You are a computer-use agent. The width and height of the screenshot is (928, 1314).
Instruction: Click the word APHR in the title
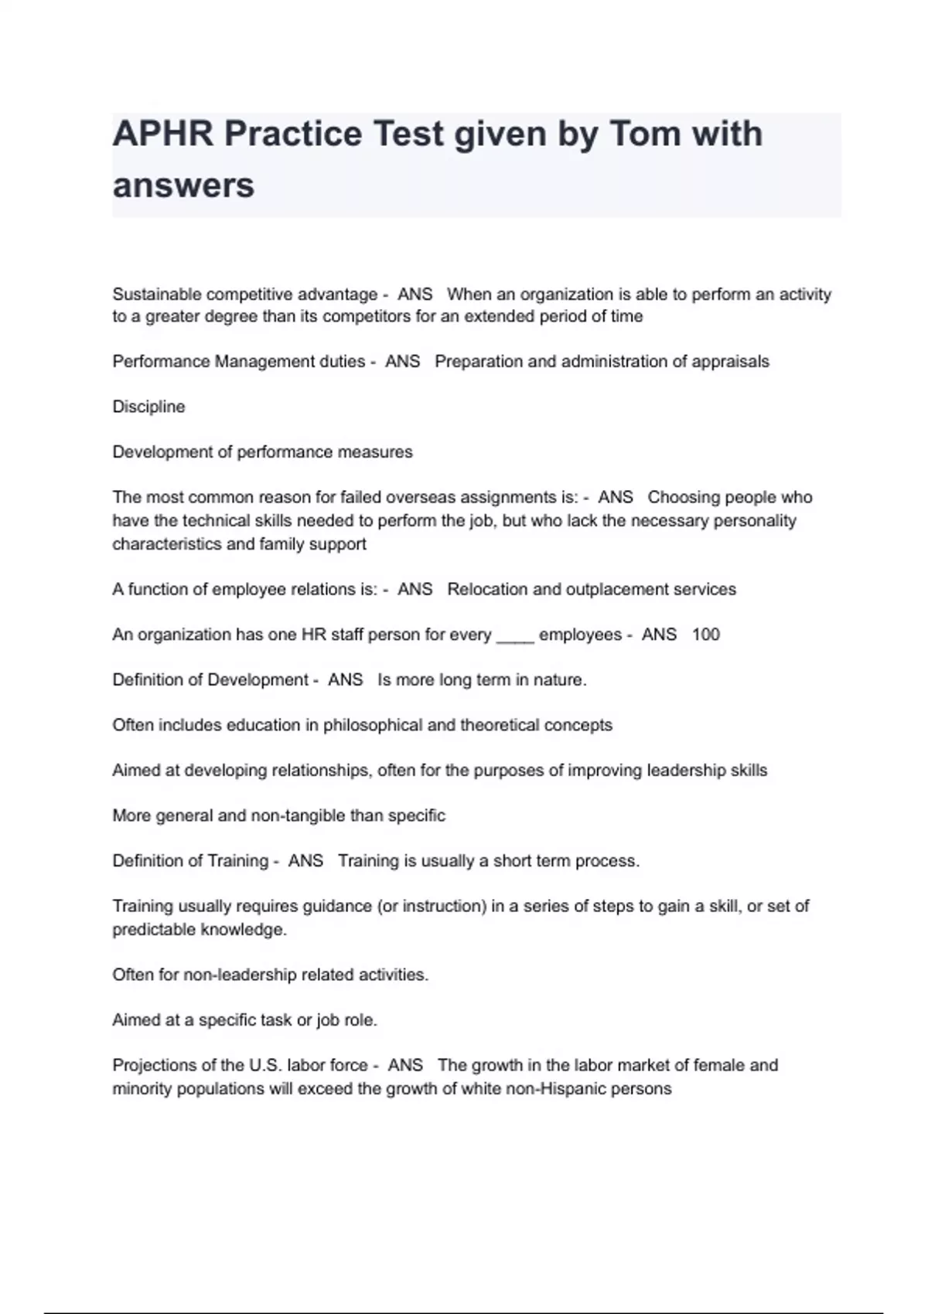(x=162, y=134)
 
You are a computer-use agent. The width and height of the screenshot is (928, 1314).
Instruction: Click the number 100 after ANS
(x=705, y=635)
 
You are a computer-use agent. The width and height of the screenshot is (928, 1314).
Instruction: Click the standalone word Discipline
(x=148, y=407)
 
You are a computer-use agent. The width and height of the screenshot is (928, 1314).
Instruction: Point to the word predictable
(x=153, y=929)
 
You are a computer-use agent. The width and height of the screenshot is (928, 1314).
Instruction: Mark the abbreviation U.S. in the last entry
(x=265, y=1065)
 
